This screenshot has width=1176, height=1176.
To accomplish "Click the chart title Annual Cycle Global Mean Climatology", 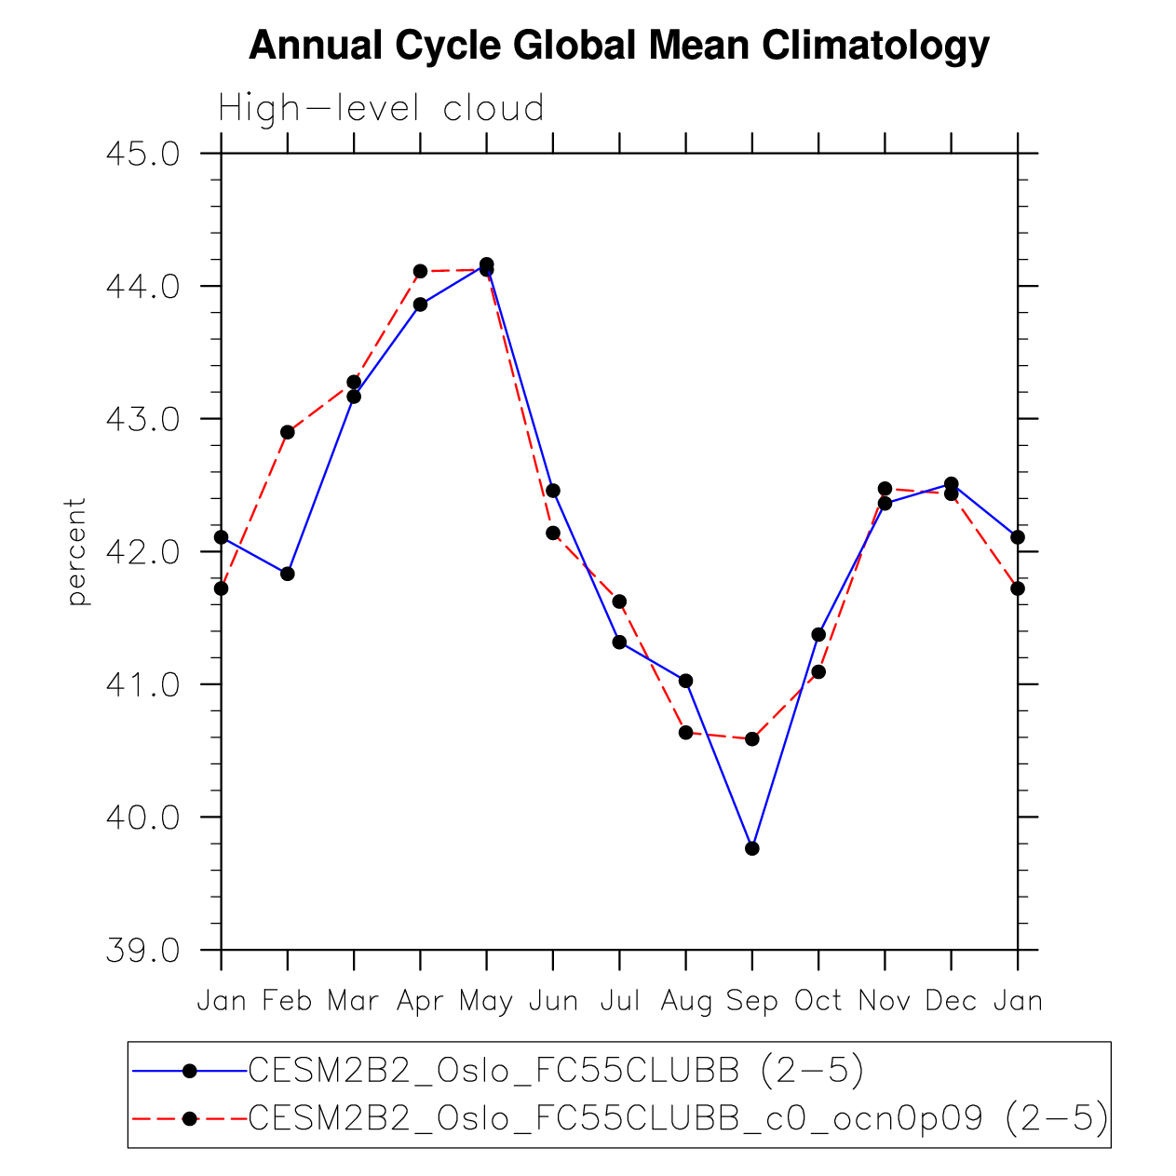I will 618,45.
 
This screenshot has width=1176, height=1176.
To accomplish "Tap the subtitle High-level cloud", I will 381,109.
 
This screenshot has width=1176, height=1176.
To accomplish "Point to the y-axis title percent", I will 76,551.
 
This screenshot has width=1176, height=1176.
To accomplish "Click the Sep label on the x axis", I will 751,1002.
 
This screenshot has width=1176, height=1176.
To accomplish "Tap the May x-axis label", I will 486,1002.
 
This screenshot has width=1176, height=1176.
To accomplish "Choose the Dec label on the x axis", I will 951,1002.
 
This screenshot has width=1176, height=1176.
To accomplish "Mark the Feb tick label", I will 287,1002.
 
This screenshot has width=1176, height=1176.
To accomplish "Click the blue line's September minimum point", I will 752,848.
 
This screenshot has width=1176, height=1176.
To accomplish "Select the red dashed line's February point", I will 288,432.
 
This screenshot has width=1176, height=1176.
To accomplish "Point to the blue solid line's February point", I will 288,574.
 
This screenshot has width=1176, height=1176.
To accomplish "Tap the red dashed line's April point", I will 420,271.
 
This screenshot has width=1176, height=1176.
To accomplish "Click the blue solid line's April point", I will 420,304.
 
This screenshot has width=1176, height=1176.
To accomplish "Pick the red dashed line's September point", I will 752,738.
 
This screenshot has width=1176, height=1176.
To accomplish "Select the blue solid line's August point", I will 686,681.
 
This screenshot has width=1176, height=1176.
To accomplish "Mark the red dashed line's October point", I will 818,671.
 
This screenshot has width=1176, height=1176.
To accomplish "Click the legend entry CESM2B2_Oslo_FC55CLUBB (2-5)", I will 556,1072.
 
